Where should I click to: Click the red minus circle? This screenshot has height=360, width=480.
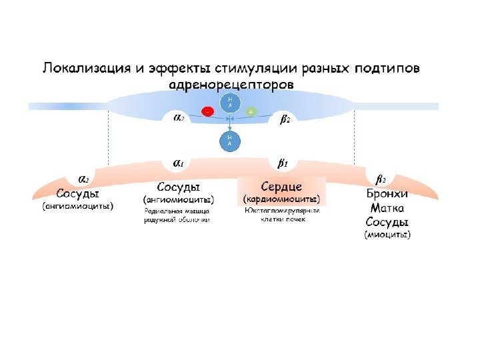(x=208, y=112)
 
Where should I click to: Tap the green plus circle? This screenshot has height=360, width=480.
(x=251, y=112)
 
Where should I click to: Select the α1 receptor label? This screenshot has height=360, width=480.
(x=179, y=162)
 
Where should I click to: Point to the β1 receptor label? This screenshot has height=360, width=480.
(x=282, y=162)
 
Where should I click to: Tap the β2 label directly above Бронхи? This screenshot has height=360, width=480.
(x=381, y=179)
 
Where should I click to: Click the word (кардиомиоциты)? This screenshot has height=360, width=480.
(x=281, y=199)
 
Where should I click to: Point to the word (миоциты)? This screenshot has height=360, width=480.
(x=387, y=235)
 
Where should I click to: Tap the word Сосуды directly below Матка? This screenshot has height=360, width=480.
(x=387, y=222)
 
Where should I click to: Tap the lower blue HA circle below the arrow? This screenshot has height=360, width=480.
(x=229, y=141)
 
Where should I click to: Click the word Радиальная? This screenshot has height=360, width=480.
(x=162, y=211)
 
